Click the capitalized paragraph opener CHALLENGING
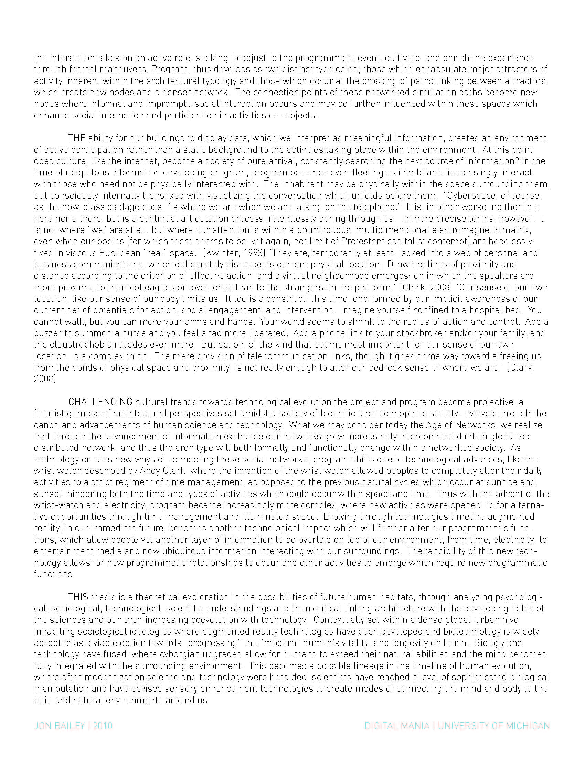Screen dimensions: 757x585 [100, 402]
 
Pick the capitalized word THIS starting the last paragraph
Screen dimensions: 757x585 [78, 597]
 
